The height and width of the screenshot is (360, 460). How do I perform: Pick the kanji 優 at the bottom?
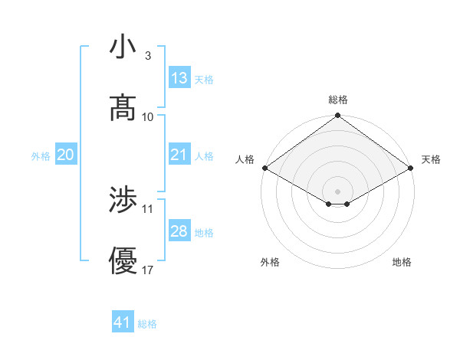point(123,261)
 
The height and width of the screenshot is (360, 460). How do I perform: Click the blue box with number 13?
point(179,78)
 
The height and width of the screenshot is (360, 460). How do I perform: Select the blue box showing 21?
point(179,155)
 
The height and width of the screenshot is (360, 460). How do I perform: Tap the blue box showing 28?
point(179,231)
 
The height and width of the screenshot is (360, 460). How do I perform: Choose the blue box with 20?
point(65,155)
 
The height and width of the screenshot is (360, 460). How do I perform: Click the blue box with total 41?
point(123,322)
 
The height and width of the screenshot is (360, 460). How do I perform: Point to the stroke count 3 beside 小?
point(147,56)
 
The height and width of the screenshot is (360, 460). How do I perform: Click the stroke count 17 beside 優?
point(148,270)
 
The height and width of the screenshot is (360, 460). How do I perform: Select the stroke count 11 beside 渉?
point(148,208)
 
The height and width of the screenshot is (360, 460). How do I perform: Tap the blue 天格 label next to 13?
point(204,79)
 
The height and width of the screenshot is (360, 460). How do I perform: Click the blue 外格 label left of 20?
point(41,155)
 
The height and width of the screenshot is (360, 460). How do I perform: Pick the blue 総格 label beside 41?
point(147,323)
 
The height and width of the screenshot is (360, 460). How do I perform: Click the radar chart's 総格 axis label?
point(337,100)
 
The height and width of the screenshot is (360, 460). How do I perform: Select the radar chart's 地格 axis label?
point(402,262)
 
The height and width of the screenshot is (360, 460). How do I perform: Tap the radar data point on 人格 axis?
point(264,168)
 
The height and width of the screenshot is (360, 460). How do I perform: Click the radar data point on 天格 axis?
point(411,168)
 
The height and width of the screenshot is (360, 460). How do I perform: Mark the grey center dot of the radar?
point(337,191)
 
